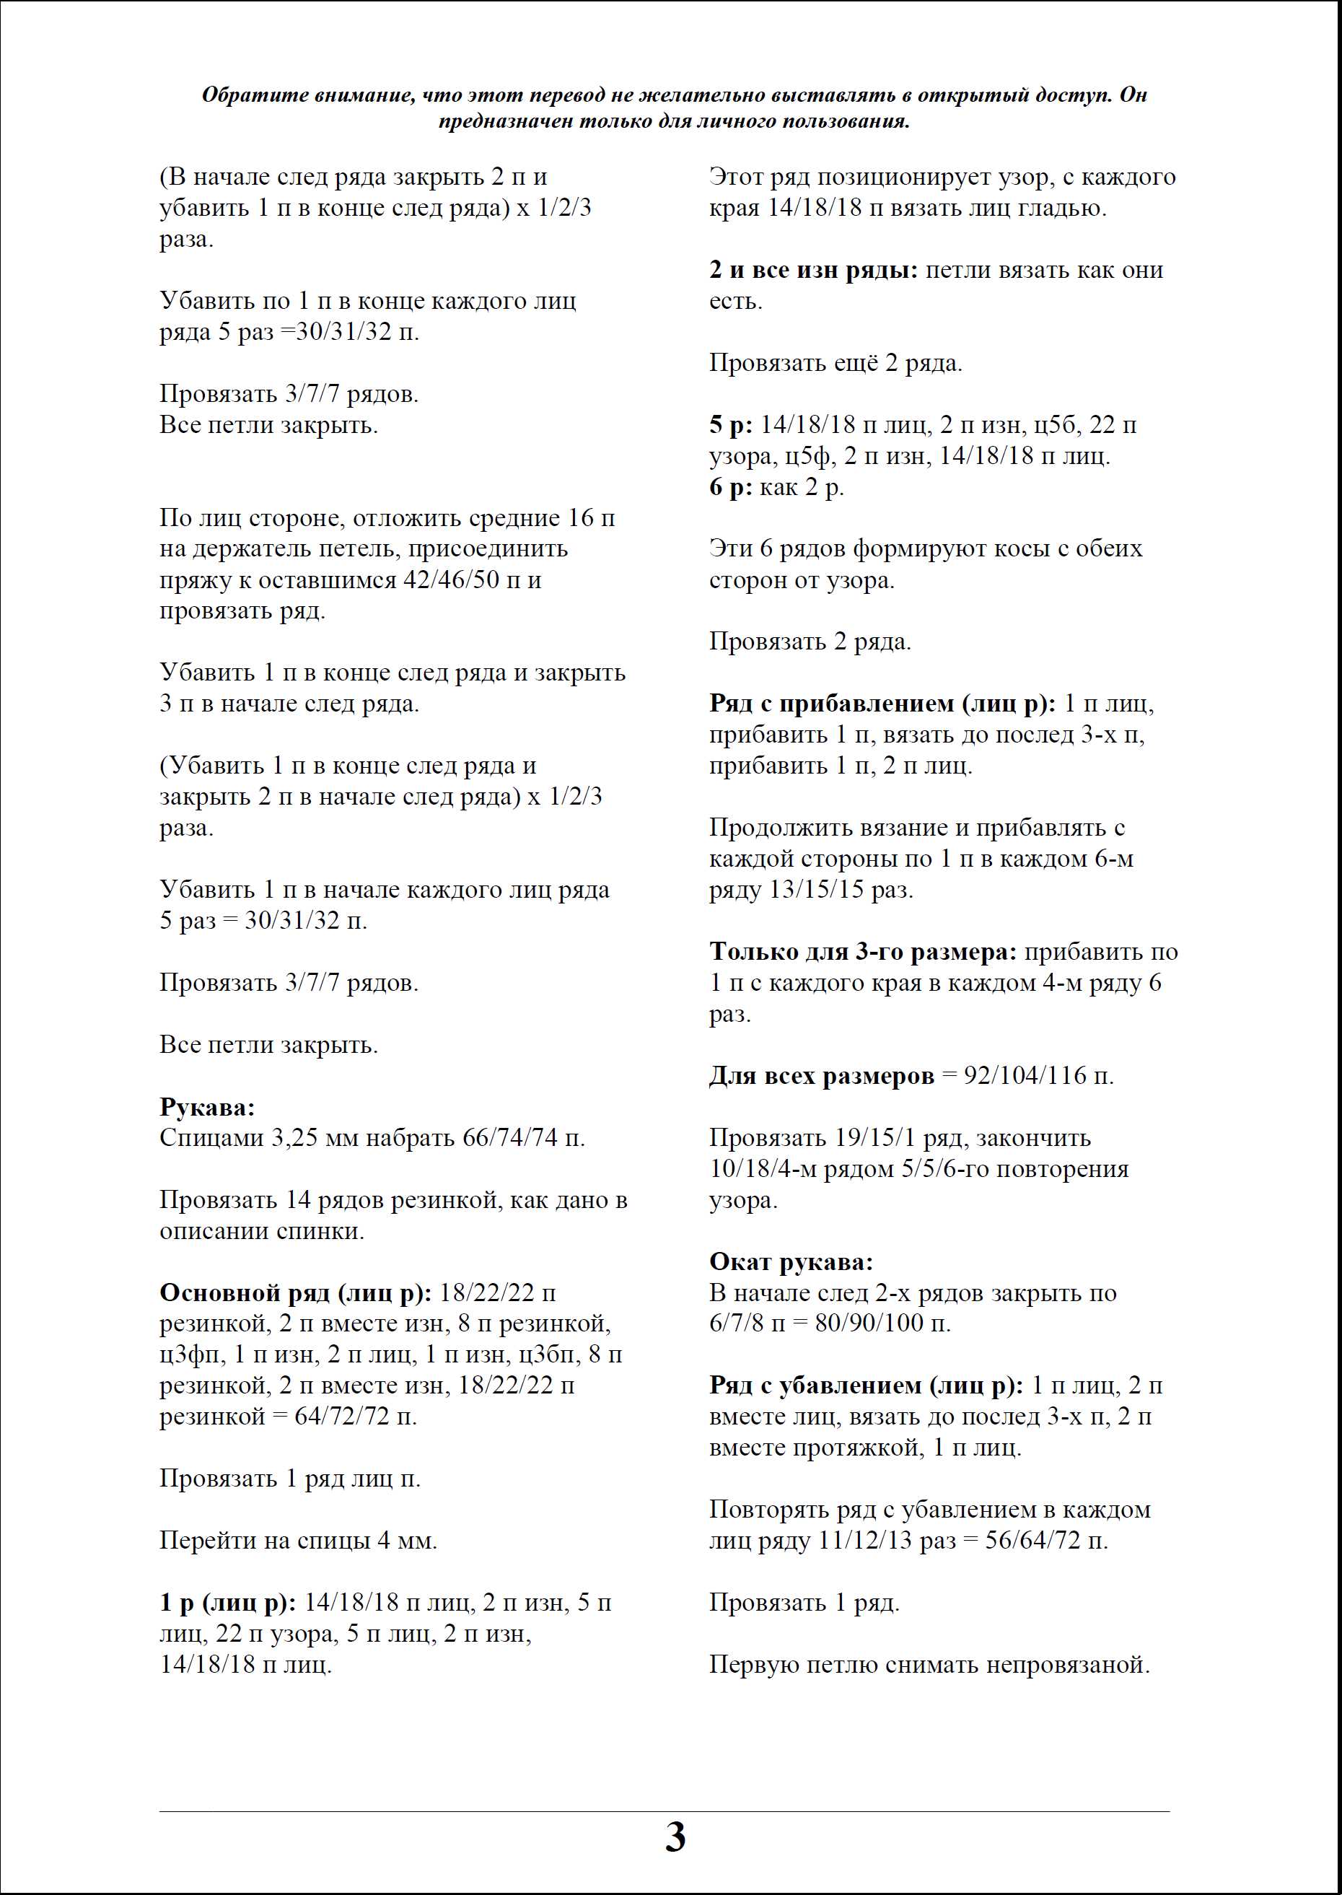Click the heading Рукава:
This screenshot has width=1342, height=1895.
pyautogui.click(x=206, y=1108)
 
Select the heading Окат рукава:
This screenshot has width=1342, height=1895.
pyautogui.click(x=791, y=1262)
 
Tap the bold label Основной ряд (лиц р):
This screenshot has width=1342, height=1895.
pyautogui.click(x=295, y=1293)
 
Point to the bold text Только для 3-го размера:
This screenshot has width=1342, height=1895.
pyautogui.click(x=863, y=952)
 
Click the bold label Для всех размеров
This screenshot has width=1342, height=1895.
pyautogui.click(x=821, y=1076)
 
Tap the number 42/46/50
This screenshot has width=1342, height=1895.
pyautogui.click(x=451, y=580)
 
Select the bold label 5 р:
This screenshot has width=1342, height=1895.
pyautogui.click(x=730, y=426)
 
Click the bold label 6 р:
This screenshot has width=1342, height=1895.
pyautogui.click(x=730, y=488)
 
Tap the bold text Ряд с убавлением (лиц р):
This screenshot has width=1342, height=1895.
pyautogui.click(x=866, y=1386)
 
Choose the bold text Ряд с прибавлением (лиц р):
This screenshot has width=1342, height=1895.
pyautogui.click(x=882, y=704)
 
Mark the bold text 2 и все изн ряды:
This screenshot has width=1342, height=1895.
pyautogui.click(x=813, y=270)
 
